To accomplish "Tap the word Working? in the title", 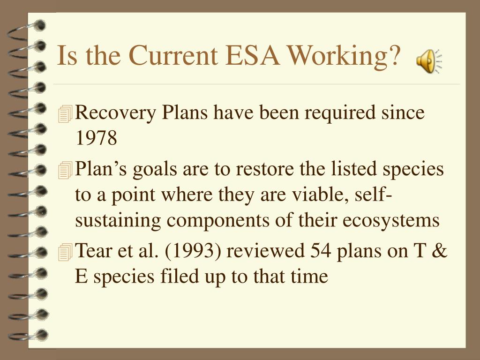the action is tap(345, 57).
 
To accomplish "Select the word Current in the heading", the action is tap(173, 55).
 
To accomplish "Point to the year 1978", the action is tap(96, 138).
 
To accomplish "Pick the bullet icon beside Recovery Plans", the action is tap(65, 114).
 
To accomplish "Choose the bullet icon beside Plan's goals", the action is tap(65, 171).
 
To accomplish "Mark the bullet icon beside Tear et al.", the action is tap(65, 252).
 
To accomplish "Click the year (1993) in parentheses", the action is tap(193, 251).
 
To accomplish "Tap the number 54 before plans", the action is tap(321, 250).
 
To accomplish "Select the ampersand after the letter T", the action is tap(440, 250).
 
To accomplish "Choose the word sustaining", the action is tap(118, 221).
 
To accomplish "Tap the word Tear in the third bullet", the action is tap(93, 250).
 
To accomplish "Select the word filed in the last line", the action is tap(180, 276).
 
